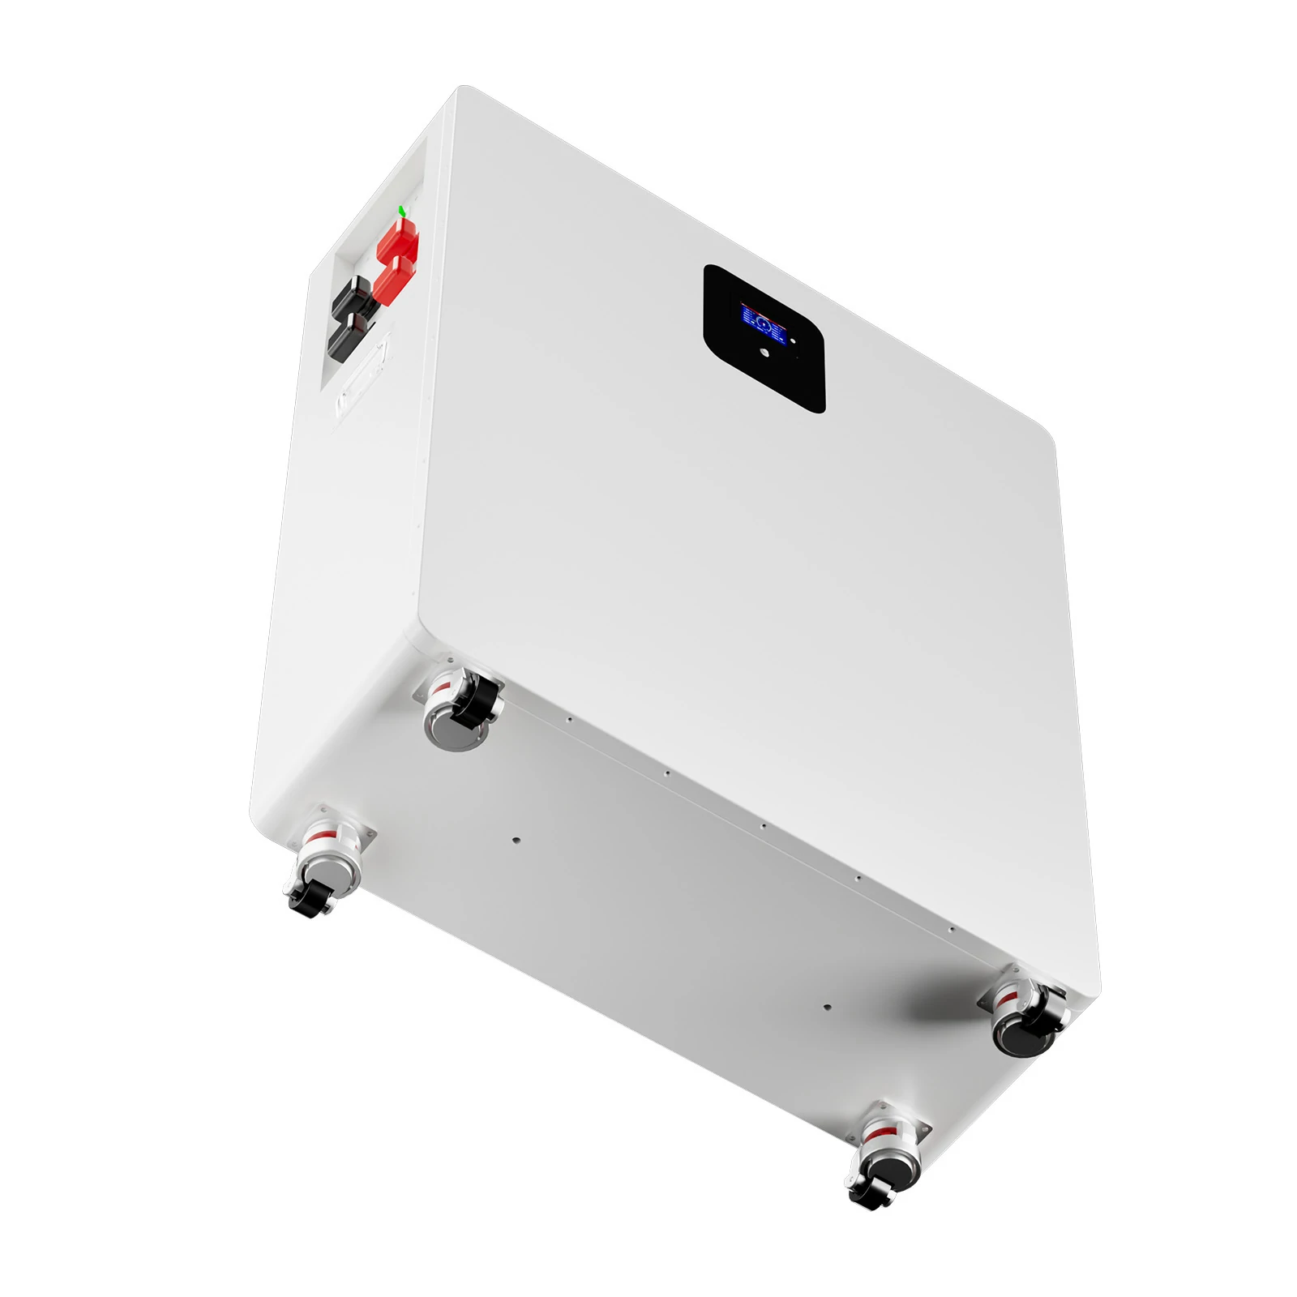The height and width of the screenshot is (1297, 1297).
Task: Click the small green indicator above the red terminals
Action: click(402, 211)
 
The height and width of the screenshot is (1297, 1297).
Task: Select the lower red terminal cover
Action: click(392, 280)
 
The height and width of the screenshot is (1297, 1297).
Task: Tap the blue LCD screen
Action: click(764, 323)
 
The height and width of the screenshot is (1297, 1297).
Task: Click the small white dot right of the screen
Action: click(794, 341)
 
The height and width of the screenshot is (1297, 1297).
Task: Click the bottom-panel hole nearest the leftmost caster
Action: click(516, 841)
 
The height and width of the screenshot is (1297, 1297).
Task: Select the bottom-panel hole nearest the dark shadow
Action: click(826, 1008)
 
